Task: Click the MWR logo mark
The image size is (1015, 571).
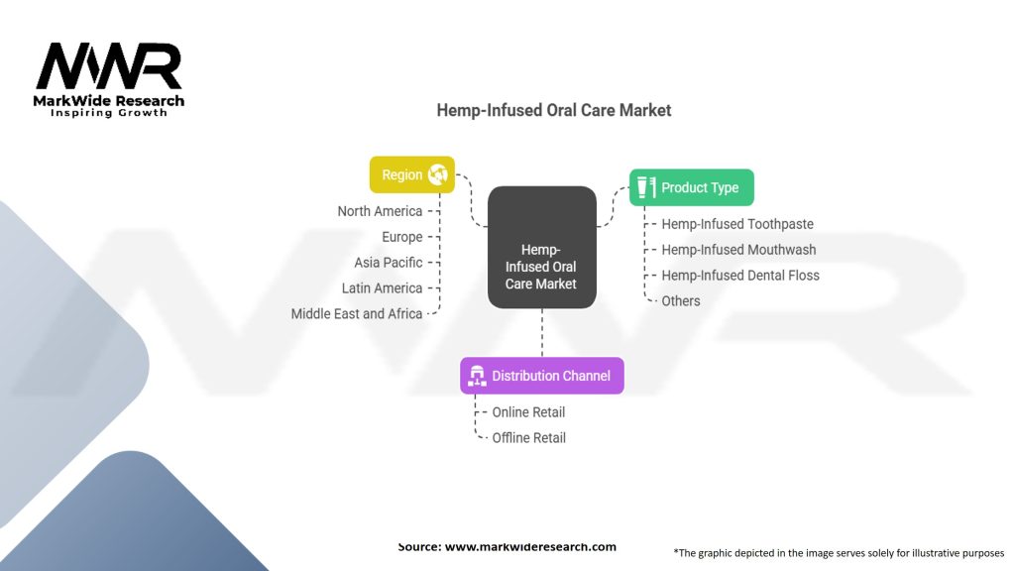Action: point(109,67)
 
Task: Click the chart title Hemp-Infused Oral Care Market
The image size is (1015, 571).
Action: point(553,110)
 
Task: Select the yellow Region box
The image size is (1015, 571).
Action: point(411,174)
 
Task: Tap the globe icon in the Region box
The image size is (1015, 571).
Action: point(437,174)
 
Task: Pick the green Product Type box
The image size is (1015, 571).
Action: point(692,187)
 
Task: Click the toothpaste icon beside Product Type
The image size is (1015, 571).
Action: point(646,187)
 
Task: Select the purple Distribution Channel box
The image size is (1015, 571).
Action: point(542,376)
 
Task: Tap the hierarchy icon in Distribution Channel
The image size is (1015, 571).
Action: point(477,376)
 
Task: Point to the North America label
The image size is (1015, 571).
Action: point(380,211)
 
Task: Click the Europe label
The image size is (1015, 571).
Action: point(402,237)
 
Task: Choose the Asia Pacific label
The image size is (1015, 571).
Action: point(389,263)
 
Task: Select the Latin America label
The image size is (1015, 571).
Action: point(382,287)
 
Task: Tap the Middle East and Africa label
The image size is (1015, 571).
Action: point(357,313)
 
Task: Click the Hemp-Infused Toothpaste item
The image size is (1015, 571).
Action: point(737,224)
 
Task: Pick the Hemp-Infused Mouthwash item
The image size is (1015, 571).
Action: point(738,250)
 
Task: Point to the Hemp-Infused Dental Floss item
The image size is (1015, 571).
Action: point(740,276)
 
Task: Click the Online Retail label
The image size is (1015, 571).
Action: point(528,411)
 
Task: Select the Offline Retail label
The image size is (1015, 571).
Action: point(529,437)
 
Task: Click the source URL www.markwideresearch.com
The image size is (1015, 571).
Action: point(530,546)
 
